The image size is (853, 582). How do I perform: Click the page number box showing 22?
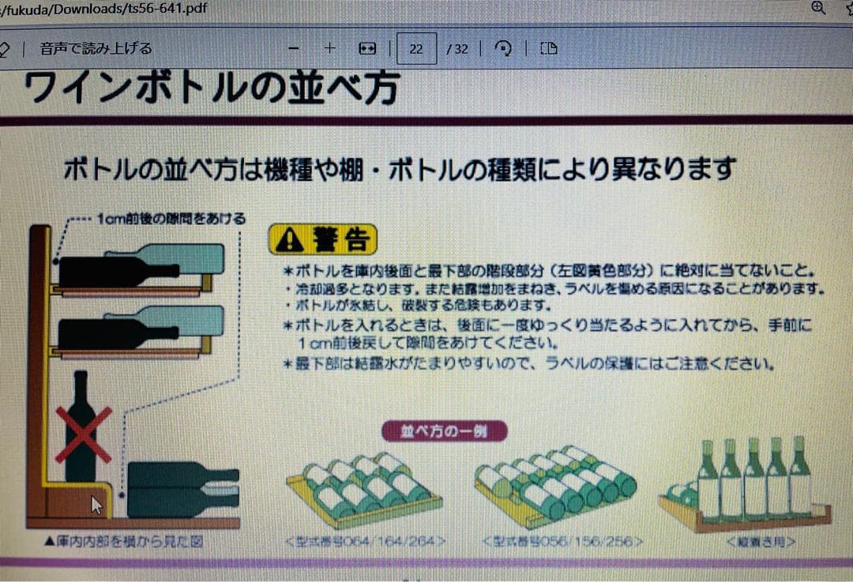[x=416, y=49]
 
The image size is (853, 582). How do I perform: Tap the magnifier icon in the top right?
[x=819, y=8]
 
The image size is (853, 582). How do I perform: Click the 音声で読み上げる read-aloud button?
[x=96, y=49]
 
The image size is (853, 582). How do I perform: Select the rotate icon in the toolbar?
[x=502, y=49]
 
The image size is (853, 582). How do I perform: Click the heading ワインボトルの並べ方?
[x=211, y=88]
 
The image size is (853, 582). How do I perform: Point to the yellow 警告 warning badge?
[x=322, y=238]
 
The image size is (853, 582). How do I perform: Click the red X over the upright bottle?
[x=83, y=435]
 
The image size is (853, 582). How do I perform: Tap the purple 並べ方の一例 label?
[x=444, y=431]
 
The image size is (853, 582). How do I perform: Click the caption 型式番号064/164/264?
[x=365, y=542]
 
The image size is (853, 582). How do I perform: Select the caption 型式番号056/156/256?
[x=562, y=542]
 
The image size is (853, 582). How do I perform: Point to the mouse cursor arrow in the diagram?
[x=96, y=505]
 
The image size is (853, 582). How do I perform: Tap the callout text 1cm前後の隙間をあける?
[x=171, y=219]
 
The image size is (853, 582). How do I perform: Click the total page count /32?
[x=457, y=49]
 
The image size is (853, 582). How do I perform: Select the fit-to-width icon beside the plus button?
[x=367, y=49]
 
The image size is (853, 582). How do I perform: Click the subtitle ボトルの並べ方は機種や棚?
[x=399, y=169]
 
